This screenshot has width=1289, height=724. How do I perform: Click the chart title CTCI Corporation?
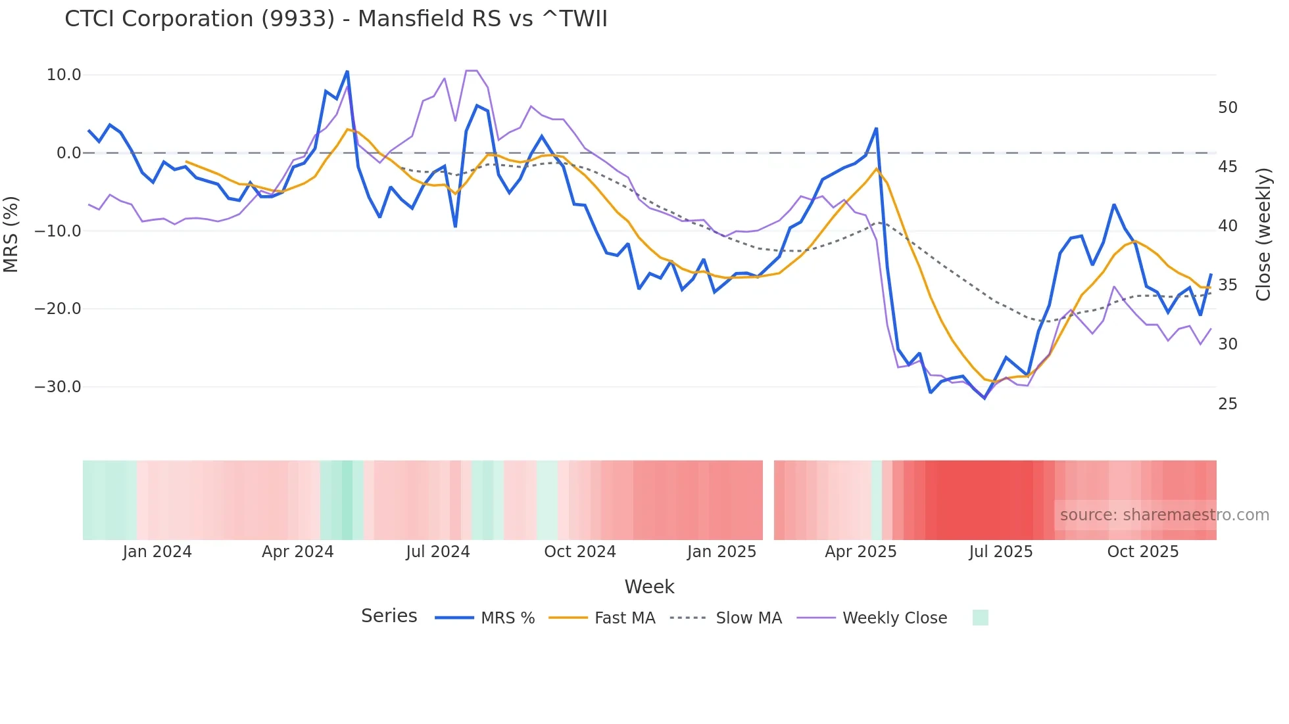[335, 19]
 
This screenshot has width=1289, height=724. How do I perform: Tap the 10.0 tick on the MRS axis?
[64, 75]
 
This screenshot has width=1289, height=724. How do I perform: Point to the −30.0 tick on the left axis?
[58, 387]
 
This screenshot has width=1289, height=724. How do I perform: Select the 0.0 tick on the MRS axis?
[68, 153]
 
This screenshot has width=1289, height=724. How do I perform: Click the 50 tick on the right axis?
[1227, 108]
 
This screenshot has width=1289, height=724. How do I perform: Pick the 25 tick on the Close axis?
[1227, 404]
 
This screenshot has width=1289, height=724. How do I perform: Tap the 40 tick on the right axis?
[1227, 226]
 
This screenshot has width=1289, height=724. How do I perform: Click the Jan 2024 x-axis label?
[157, 552]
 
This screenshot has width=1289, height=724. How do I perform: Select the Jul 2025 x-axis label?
[1000, 552]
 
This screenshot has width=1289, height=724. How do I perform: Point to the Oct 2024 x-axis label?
[579, 552]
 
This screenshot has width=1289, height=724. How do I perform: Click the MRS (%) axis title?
[11, 234]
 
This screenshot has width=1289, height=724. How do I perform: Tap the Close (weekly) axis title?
[1263, 235]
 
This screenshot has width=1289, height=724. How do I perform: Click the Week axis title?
[649, 587]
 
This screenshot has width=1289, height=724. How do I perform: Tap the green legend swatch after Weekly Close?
[980, 618]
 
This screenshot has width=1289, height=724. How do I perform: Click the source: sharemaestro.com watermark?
[1164, 515]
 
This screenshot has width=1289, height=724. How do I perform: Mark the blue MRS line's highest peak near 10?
[347, 72]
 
